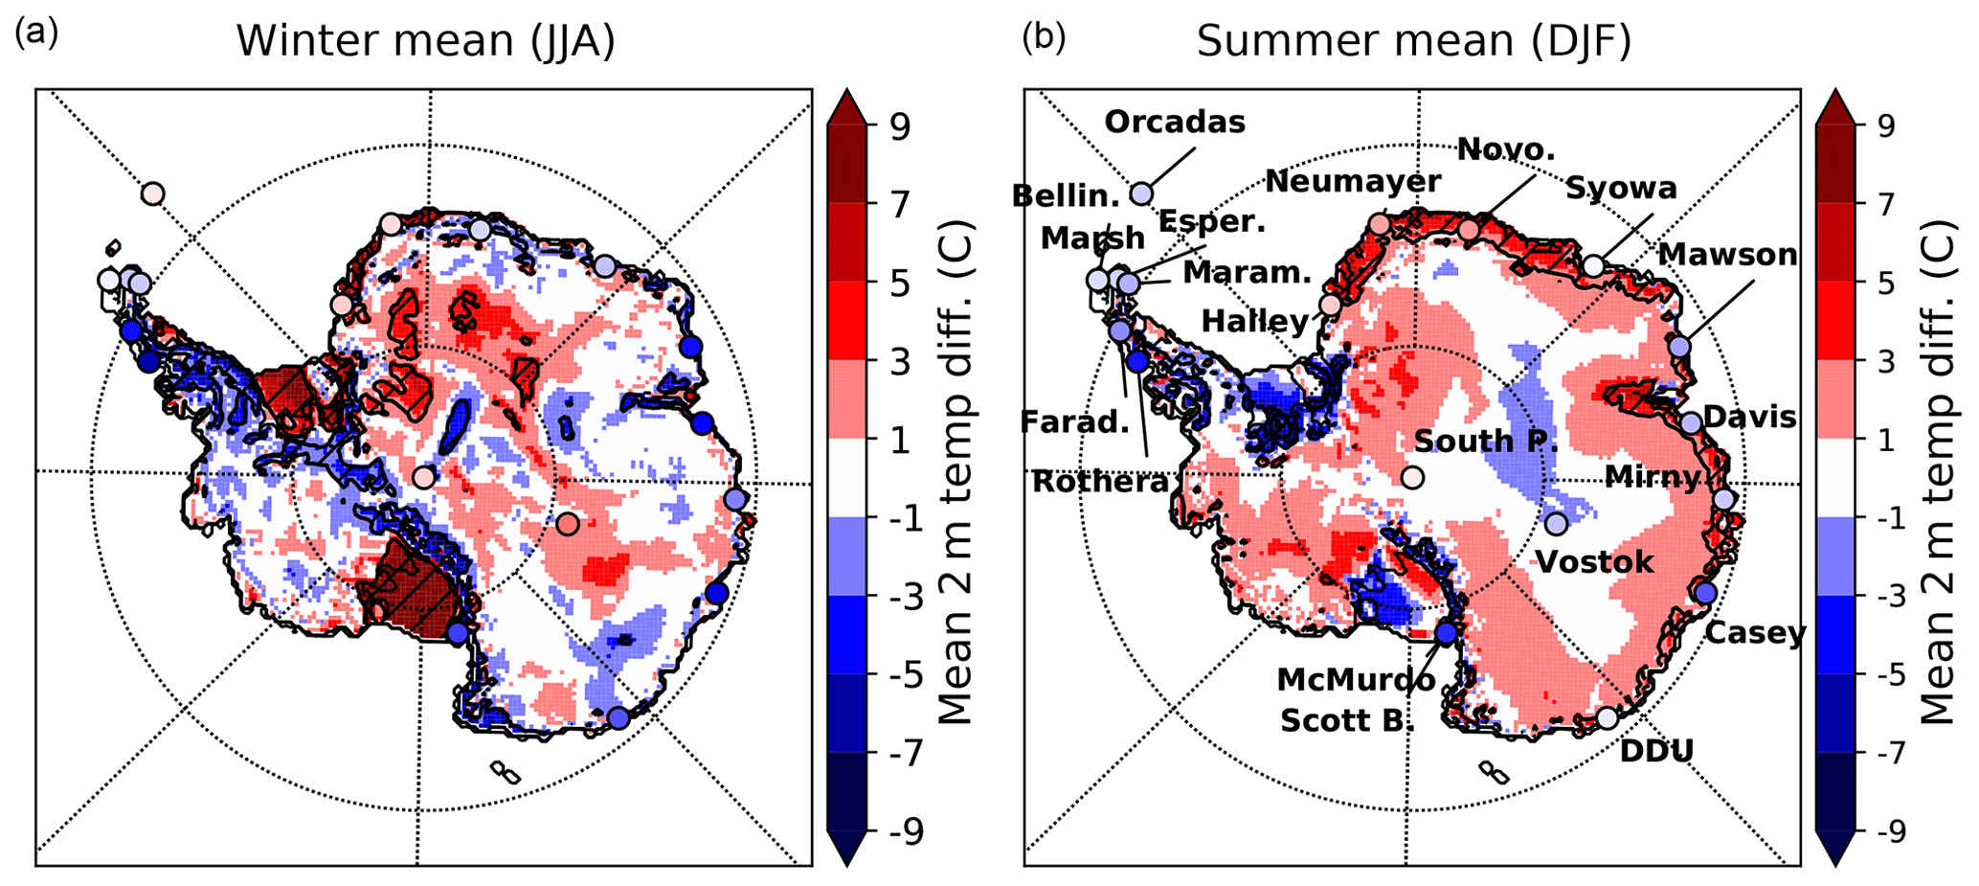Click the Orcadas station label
coord(1175,123)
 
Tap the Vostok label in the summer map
coord(1594,561)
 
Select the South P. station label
coord(1486,441)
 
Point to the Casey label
coord(1755,633)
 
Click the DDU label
coord(1656,751)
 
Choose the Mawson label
coord(1727,255)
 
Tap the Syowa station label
coord(1621,189)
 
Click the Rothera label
coord(1100,482)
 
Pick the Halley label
coord(1254,321)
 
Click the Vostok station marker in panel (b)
coord(1556,524)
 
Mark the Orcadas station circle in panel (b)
coord(1141,193)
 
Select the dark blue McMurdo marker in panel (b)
coord(1446,633)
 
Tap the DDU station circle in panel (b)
coord(1607,717)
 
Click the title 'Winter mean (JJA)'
coord(425,41)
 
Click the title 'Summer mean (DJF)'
coord(1413,41)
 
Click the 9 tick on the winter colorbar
coord(899,126)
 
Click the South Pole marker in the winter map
coord(424,477)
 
